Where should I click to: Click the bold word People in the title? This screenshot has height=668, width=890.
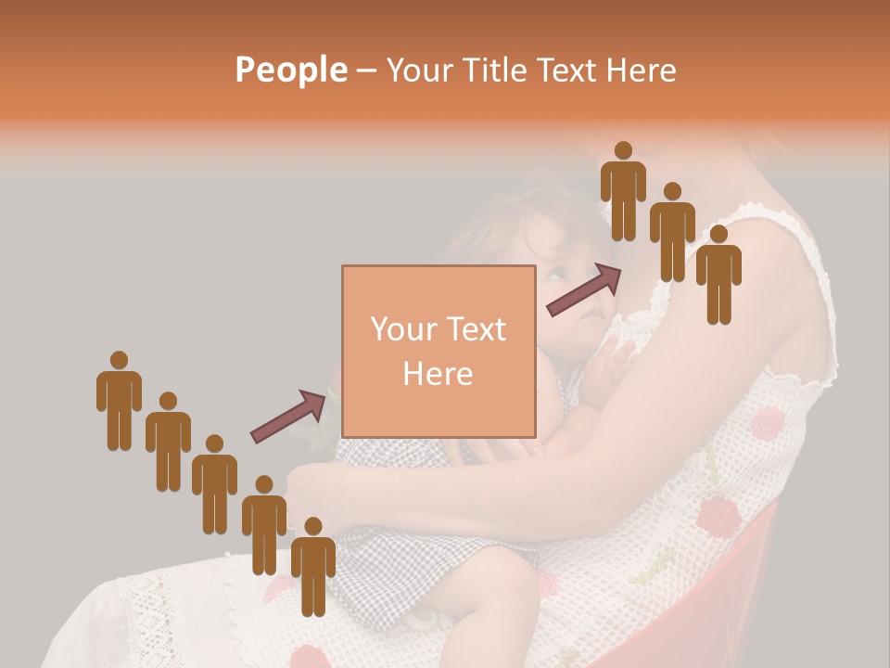coord(290,71)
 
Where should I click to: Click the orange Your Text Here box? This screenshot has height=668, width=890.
coord(439,352)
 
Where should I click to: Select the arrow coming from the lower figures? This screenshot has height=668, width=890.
coord(288,415)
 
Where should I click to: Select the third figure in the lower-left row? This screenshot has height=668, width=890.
coord(214,482)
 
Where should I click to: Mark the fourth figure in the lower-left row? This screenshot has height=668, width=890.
coord(264,524)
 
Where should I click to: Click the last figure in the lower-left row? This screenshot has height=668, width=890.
coord(313,566)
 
